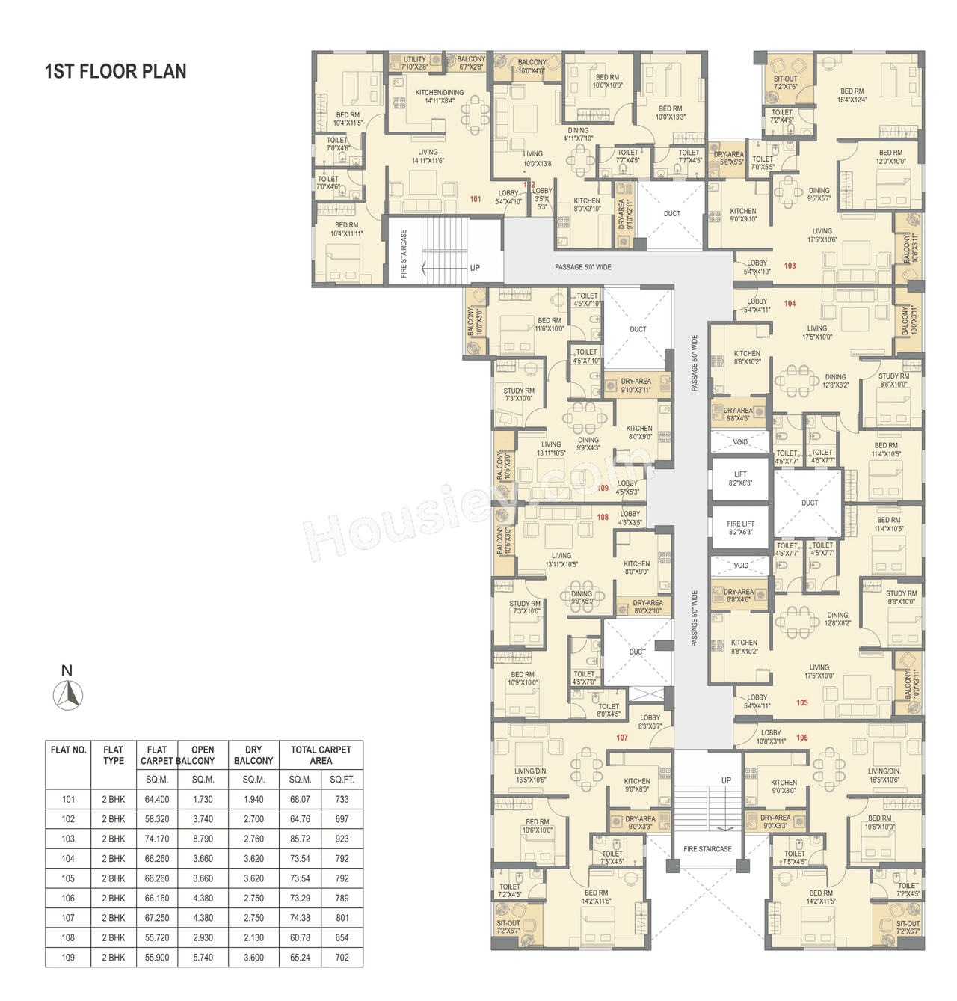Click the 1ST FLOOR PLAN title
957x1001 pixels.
(116, 72)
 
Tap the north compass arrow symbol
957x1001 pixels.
(68, 695)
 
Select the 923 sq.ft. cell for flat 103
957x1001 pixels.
(342, 839)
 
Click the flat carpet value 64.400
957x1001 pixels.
(157, 799)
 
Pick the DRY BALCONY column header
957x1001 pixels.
(253, 755)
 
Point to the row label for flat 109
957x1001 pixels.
(68, 958)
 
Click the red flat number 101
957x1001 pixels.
(476, 199)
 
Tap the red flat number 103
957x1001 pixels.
(790, 266)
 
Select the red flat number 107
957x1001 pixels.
(622, 738)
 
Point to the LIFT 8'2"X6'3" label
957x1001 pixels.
(740, 479)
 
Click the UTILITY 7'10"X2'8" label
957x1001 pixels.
(414, 63)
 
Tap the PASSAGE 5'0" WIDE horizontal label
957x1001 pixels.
(582, 267)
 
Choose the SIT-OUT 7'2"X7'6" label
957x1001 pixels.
(785, 82)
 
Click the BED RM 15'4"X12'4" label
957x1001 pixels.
(852, 95)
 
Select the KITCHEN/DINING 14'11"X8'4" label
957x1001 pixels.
(439, 97)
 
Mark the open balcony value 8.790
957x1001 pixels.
(203, 839)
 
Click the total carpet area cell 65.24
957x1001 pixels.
(300, 958)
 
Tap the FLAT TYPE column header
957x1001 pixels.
(114, 755)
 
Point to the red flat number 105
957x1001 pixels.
(801, 702)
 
